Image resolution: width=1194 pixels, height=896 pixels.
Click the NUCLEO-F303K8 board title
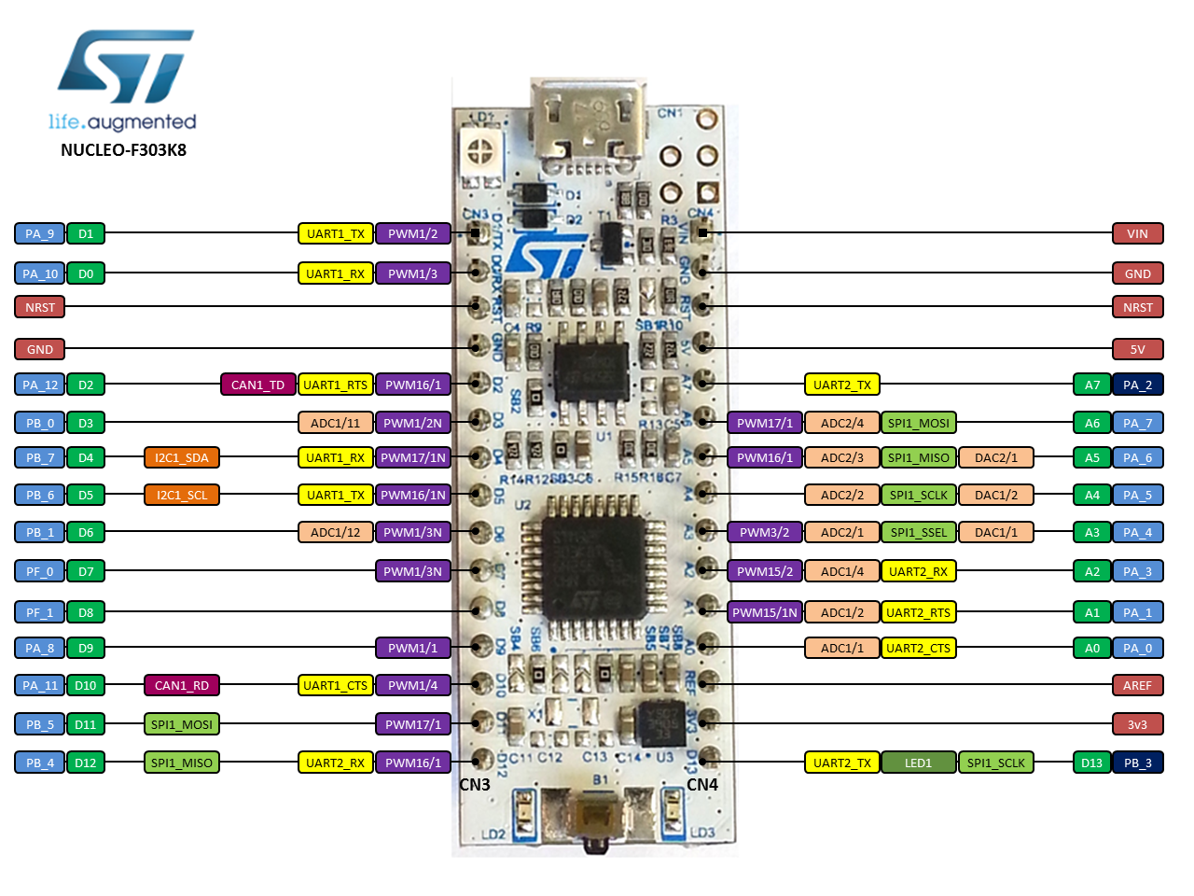(123, 150)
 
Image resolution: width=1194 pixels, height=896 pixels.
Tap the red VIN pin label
(1137, 233)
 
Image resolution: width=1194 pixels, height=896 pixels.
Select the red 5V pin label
(1137, 349)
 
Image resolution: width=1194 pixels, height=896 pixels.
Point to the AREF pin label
(1137, 685)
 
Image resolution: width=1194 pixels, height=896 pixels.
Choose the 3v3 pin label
(1137, 724)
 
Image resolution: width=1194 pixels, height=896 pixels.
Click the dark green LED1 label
(918, 763)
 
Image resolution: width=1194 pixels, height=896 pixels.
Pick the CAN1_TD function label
(257, 385)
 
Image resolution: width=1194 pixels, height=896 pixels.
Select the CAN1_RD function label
(182, 685)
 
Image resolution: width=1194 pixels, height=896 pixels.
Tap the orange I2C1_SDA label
(182, 457)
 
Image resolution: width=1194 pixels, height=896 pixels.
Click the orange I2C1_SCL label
(182, 495)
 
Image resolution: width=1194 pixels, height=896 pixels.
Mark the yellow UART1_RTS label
(335, 385)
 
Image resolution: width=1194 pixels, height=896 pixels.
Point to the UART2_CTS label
(918, 648)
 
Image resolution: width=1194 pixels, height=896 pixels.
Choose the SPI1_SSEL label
(918, 532)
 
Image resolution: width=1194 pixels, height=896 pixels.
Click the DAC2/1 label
(995, 457)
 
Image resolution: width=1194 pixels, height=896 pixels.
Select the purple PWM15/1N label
(765, 612)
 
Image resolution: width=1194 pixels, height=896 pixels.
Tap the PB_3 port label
(1137, 763)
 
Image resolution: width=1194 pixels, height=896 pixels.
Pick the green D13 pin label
(1091, 763)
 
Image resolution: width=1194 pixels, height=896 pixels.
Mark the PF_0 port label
(40, 571)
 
